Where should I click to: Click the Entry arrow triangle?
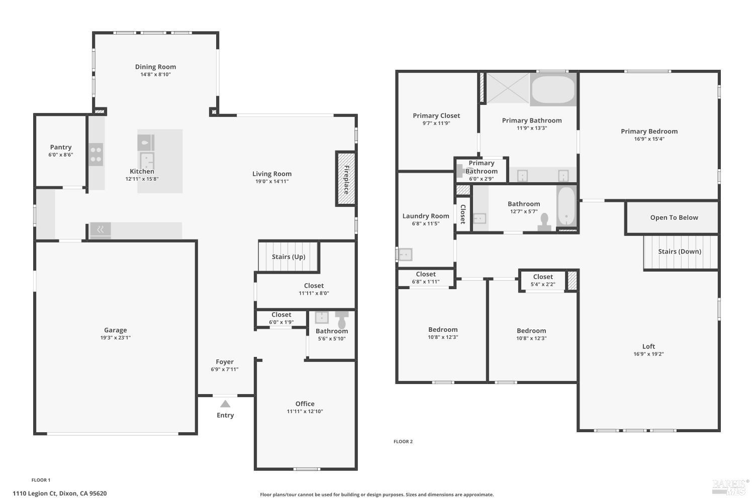225,404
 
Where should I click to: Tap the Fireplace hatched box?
346,179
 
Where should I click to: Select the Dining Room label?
155,67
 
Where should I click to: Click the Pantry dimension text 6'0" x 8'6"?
61,155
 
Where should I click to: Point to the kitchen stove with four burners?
96,154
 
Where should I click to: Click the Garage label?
115,330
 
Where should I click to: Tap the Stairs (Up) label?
289,257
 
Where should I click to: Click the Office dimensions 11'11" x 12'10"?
305,412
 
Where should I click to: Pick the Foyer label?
225,361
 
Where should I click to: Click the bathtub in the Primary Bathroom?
553,89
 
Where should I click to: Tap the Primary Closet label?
436,115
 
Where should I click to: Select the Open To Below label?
674,217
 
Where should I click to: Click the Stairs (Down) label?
680,252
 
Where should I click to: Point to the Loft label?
648,346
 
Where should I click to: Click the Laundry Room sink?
405,255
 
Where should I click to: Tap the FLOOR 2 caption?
403,442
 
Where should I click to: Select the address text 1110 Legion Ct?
35,493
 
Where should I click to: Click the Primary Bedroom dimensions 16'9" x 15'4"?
649,139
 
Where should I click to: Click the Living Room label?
272,174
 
